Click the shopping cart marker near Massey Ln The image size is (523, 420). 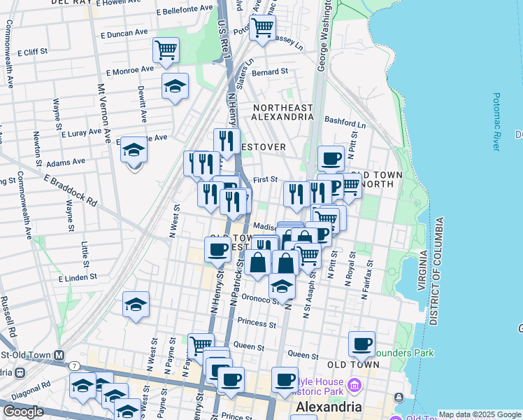click(x=262, y=29)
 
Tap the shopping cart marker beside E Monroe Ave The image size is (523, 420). click(x=166, y=50)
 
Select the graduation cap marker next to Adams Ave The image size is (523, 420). click(x=134, y=150)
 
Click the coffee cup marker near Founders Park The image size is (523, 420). click(x=361, y=344)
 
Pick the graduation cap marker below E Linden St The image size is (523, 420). click(x=136, y=305)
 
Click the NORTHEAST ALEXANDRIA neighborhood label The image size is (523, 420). click(x=282, y=112)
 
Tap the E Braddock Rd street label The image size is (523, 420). click(x=70, y=190)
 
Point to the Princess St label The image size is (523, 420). click(x=257, y=323)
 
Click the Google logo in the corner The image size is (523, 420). click(x=23, y=412)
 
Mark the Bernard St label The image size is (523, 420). click(x=270, y=71)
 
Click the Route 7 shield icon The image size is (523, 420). click(x=73, y=366)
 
